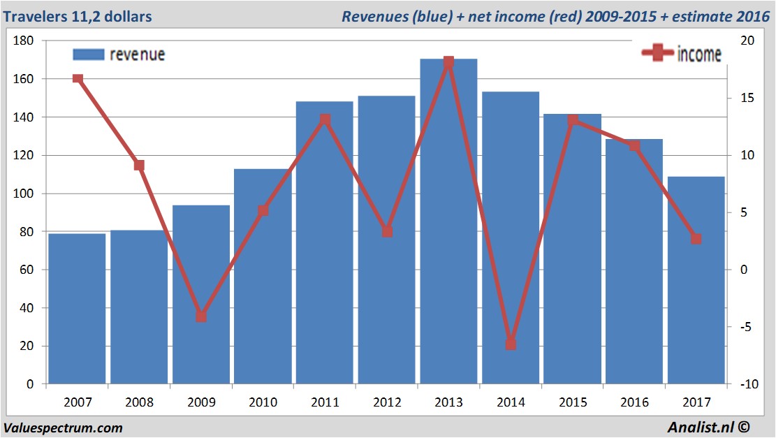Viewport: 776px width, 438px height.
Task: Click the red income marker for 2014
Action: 511,344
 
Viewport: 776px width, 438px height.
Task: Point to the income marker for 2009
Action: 201,316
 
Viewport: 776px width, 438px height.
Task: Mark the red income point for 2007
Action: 78,79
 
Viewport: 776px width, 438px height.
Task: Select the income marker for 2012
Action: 387,231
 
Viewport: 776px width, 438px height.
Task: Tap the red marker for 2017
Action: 696,239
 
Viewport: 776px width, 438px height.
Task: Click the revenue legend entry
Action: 119,54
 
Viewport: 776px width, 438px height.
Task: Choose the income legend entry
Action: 682,54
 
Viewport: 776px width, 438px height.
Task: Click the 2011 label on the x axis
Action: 325,402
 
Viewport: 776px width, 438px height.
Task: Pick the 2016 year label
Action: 634,402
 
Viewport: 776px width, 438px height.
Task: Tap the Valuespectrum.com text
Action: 64,428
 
